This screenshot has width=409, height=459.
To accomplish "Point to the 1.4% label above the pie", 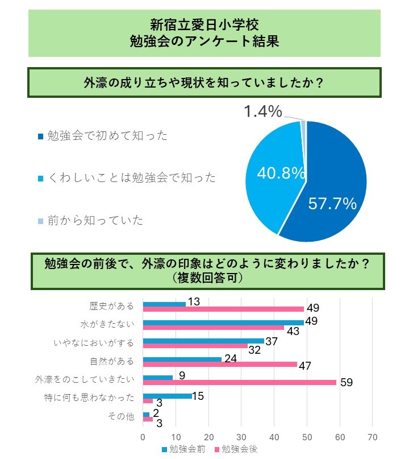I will [x=262, y=112].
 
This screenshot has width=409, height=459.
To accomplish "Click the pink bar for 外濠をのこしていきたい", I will [x=239, y=382].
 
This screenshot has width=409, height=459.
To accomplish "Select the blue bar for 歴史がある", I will [x=164, y=304].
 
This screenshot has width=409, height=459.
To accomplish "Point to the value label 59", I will [x=347, y=382].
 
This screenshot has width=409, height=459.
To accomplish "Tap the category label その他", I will [x=121, y=417].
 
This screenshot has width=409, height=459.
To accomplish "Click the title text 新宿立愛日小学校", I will [x=204, y=26].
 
